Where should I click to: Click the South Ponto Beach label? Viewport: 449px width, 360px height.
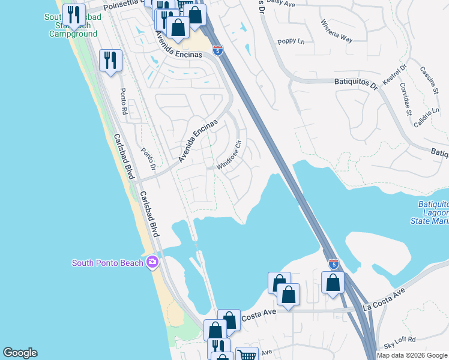point(108,263)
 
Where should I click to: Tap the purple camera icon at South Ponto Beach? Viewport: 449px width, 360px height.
point(152,262)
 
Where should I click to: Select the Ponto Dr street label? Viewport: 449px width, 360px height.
point(148,159)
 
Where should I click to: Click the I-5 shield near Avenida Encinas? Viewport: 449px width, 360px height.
point(218,50)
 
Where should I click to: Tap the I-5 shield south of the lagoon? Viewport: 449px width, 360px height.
point(334,264)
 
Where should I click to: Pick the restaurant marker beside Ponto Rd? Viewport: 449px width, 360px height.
point(111,61)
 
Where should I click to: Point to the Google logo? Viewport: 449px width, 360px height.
point(20,353)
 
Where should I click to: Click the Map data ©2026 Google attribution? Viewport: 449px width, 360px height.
point(412,355)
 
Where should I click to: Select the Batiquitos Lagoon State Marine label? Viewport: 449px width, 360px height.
point(433,213)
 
